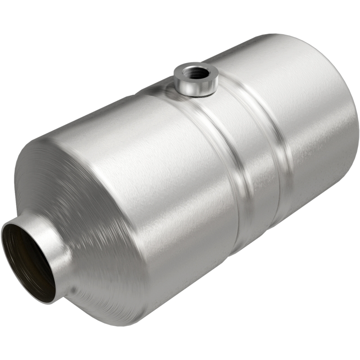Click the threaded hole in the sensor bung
pyautogui.click(x=197, y=72)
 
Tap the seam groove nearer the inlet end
pyautogui.click(x=234, y=180)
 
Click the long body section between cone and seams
pyautogui.click(x=171, y=180)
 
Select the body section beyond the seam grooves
pyautogui.click(x=310, y=135)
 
